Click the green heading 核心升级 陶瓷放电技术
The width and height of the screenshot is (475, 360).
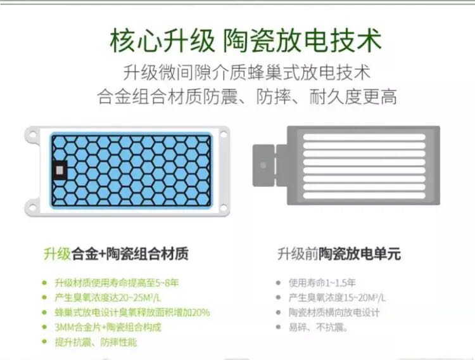246,40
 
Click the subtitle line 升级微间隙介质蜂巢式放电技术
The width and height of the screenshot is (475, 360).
247,73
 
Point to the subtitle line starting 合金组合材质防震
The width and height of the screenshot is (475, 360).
247,97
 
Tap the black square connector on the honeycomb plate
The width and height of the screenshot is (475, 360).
60,170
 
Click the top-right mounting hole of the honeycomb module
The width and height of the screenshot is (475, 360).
224,134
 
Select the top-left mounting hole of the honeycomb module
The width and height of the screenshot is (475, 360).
33,134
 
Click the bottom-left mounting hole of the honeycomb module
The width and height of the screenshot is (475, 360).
33,207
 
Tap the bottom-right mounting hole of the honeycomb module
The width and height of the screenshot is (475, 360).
224,207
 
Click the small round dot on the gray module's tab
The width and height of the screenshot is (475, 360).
263,165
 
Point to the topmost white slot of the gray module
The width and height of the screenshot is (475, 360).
364,137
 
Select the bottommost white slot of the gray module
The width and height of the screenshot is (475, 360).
364,195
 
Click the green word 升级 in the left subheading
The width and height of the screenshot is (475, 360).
57,254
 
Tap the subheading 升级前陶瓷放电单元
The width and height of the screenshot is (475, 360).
339,254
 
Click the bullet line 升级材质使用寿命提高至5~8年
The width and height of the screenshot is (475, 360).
117,283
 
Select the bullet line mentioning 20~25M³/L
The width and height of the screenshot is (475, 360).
108,297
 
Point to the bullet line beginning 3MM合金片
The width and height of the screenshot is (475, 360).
108,327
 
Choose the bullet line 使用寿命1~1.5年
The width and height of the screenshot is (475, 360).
322,283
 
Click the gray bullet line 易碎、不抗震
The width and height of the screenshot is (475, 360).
318,327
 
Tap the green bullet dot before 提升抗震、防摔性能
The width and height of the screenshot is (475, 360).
45,342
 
